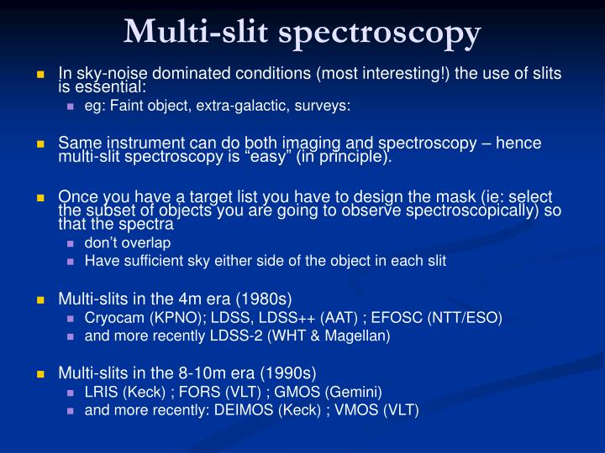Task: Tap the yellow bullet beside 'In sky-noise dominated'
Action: coord(39,73)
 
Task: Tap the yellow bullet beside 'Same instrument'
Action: coord(39,143)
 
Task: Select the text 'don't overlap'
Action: coord(127,242)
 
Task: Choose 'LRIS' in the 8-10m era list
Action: coord(99,392)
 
